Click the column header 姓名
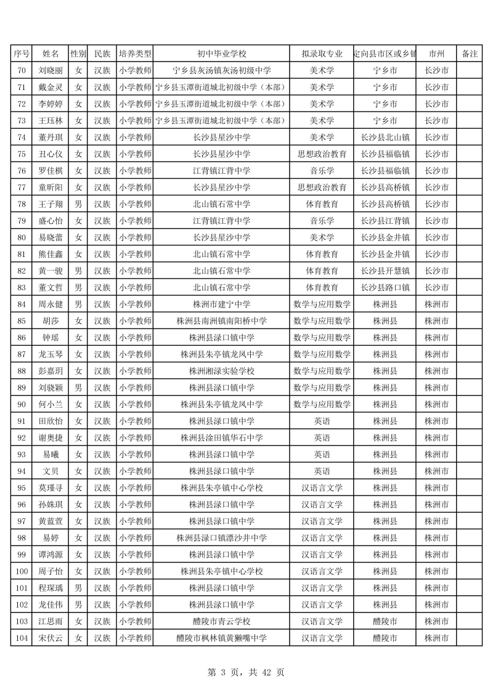click(51, 54)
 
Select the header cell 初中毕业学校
click(221, 54)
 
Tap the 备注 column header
click(470, 54)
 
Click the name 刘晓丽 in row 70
click(51, 70)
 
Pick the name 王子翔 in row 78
click(51, 204)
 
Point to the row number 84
click(22, 304)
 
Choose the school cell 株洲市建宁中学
click(221, 304)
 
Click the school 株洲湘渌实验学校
click(221, 371)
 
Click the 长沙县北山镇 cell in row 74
click(385, 137)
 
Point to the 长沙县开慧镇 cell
click(385, 271)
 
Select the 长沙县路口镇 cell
click(385, 287)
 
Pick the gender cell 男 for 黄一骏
click(78, 271)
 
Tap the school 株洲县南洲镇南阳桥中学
click(221, 320)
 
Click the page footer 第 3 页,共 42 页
click(246, 672)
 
